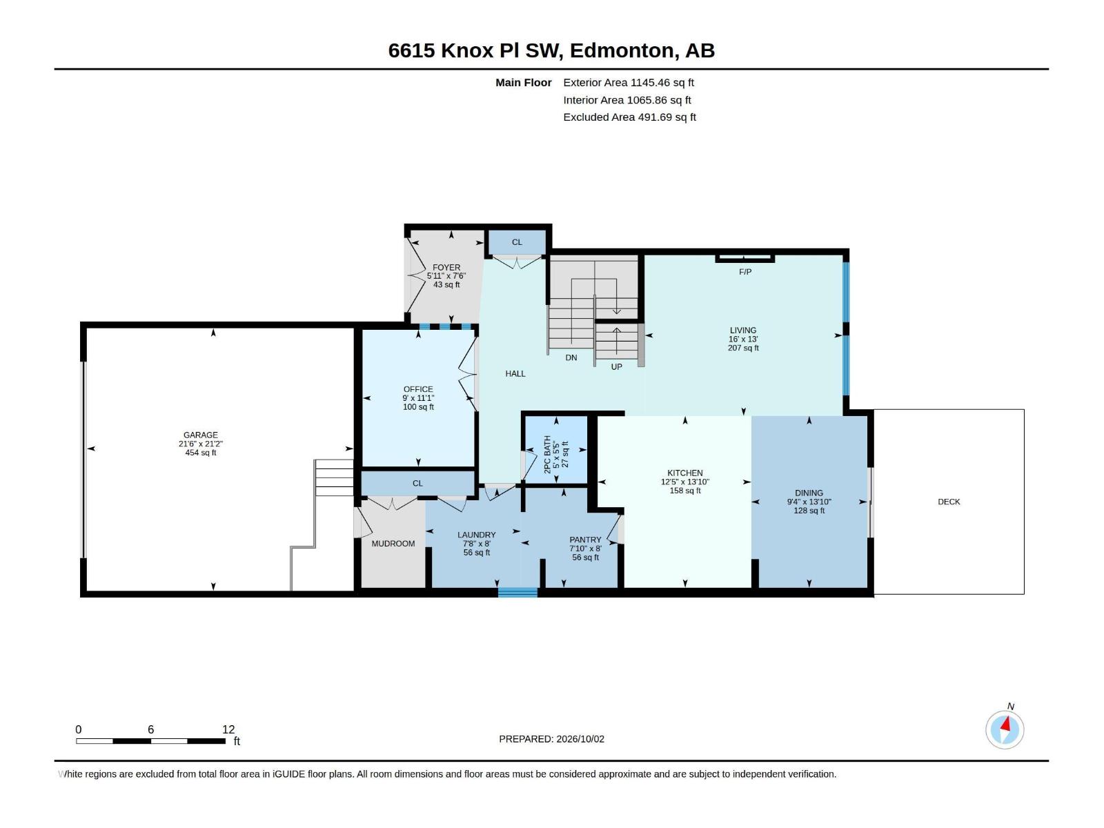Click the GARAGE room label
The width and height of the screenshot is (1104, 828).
pyautogui.click(x=200, y=435)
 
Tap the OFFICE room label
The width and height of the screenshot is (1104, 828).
pyautogui.click(x=418, y=389)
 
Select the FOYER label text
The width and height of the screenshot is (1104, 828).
pyautogui.click(x=446, y=268)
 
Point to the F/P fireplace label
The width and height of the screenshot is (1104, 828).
pyautogui.click(x=745, y=272)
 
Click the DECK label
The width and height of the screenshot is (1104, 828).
pyautogui.click(x=949, y=502)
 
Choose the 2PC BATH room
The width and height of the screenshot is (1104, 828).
pyautogui.click(x=556, y=450)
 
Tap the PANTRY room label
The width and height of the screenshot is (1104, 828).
pyautogui.click(x=585, y=540)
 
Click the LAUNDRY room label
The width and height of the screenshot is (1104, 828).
pyautogui.click(x=476, y=535)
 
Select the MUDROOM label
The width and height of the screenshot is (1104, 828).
pyautogui.click(x=393, y=544)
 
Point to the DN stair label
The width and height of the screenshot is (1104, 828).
pyautogui.click(x=571, y=357)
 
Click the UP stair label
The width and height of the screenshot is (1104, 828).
pyautogui.click(x=616, y=366)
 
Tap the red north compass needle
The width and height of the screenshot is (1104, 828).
pyautogui.click(x=1006, y=724)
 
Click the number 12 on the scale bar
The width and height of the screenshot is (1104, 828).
pyautogui.click(x=228, y=729)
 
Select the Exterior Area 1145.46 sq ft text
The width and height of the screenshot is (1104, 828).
pyautogui.click(x=628, y=82)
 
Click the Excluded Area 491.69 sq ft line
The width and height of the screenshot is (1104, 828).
pyautogui.click(x=629, y=117)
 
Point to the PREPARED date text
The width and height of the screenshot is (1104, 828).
pyautogui.click(x=551, y=739)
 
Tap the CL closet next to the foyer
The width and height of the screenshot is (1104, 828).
pyautogui.click(x=517, y=242)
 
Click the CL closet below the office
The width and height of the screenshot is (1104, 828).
pyautogui.click(x=417, y=483)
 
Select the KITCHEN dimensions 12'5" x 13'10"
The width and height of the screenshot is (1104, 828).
pyautogui.click(x=684, y=482)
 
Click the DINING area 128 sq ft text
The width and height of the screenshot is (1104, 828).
pyautogui.click(x=809, y=511)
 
